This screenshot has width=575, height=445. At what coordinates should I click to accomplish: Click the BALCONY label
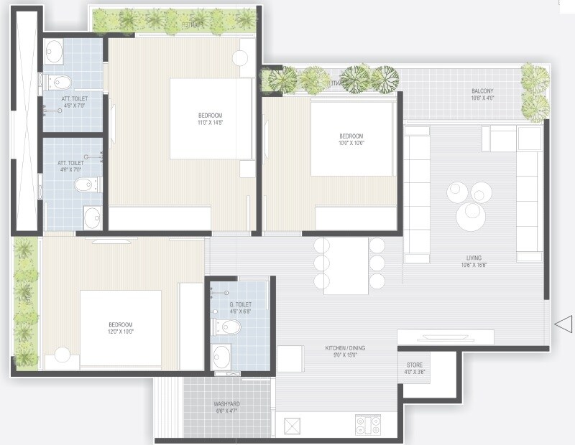pyautogui.click(x=482, y=91)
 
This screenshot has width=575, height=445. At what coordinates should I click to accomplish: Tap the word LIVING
pyautogui.click(x=473, y=258)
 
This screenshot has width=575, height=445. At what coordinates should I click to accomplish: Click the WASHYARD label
pyautogui.click(x=226, y=404)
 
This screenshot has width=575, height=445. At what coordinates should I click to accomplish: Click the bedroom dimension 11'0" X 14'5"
pyautogui.click(x=211, y=123)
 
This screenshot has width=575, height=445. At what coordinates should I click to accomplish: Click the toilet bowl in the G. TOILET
pyautogui.click(x=227, y=328)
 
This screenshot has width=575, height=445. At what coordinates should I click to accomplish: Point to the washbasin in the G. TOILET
pyautogui.click(x=223, y=355)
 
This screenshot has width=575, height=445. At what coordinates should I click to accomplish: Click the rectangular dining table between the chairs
pyautogui.click(x=346, y=265)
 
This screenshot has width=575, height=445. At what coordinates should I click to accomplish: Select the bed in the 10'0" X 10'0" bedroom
pyautogui.click(x=353, y=139)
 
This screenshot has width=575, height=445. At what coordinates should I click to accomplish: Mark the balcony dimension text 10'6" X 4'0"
pyautogui.click(x=482, y=99)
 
